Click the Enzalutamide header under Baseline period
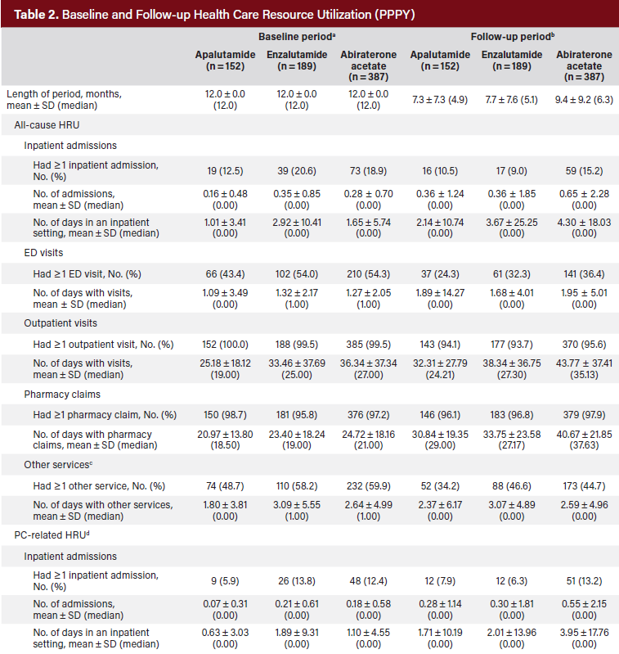click(x=296, y=60)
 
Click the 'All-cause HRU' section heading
click(x=47, y=124)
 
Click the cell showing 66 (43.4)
click(x=224, y=275)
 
